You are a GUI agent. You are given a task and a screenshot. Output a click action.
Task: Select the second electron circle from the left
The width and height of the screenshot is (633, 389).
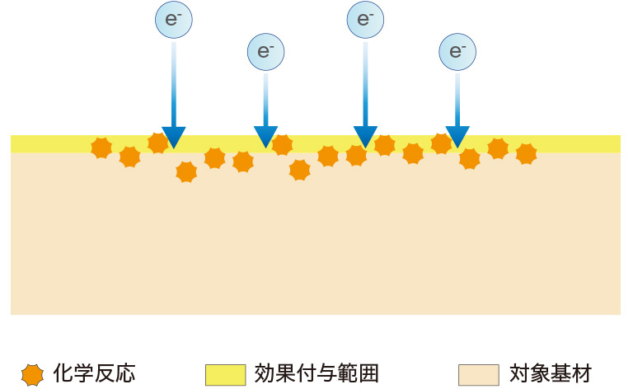point(265,51)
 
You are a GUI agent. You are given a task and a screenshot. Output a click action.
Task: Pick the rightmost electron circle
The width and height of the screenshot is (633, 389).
point(457,51)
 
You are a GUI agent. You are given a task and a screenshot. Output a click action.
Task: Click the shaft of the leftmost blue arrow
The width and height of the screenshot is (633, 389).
point(173,82)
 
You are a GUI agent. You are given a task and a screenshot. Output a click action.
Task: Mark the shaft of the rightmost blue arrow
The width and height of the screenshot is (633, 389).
point(457,97)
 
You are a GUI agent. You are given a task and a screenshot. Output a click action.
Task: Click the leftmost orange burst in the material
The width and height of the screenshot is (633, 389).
point(101,148)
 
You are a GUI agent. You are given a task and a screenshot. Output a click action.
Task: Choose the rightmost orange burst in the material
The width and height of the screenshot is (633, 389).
point(526,153)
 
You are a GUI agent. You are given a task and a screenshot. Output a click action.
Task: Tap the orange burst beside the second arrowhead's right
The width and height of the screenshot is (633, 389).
point(283,145)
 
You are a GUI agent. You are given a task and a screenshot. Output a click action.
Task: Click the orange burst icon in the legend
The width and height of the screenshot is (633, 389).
point(32,374)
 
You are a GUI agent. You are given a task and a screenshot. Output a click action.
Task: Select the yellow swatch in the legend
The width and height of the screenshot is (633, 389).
point(225,374)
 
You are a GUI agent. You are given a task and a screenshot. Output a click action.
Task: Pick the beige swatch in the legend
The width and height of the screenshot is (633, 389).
point(479,374)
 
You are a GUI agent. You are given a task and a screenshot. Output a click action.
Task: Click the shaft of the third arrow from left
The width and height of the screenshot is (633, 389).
point(365,82)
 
